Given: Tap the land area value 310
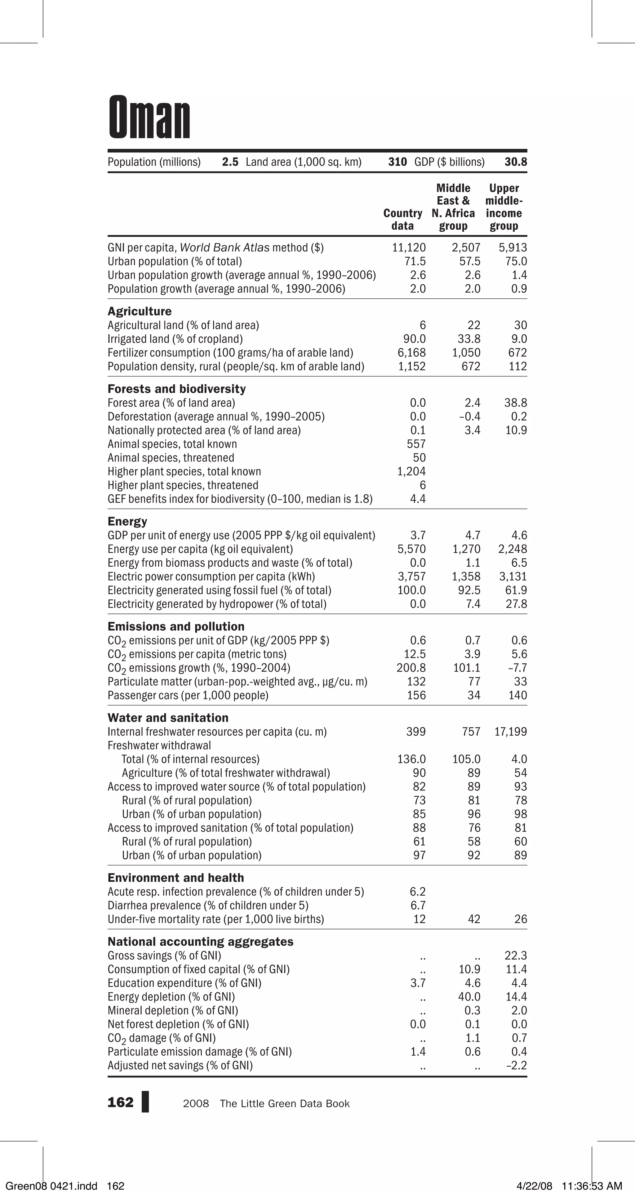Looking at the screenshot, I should point(397,162).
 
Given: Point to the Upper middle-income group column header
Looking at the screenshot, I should point(504,207).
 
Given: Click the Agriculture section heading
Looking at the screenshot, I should point(139,311).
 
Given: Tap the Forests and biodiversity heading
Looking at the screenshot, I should point(176,389).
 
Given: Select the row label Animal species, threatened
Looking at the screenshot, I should point(171,458).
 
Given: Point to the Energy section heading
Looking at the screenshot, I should point(127,521).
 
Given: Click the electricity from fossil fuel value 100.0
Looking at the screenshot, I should point(411,590).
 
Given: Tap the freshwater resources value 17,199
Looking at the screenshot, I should point(511,732).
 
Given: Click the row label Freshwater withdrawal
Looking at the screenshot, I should point(159,746).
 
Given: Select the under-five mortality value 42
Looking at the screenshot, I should point(473,919).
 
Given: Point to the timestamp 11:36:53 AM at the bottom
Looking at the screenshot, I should point(591,1186).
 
